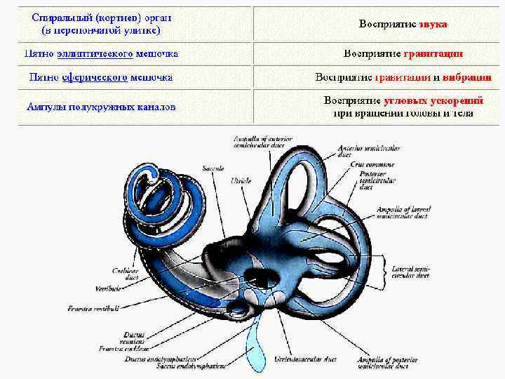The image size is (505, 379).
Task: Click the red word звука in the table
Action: point(433,24)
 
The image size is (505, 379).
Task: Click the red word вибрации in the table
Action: point(467,77)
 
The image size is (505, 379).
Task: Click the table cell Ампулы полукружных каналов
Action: point(101,107)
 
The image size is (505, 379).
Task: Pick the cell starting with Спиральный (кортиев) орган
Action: point(101,24)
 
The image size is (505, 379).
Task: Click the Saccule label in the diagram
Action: point(213,168)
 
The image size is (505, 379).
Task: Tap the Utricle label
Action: point(241,180)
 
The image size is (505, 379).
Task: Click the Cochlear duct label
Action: point(126,274)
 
